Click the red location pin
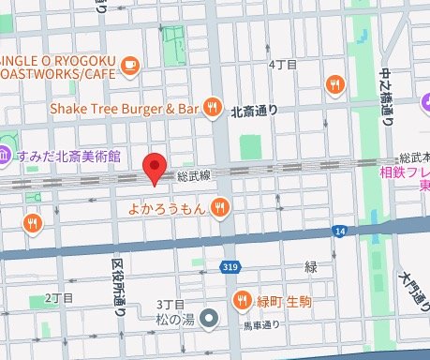(x=156, y=170)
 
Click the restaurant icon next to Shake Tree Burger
(x=215, y=106)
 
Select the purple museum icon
(x=5, y=155)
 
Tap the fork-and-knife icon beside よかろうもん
(x=221, y=206)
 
